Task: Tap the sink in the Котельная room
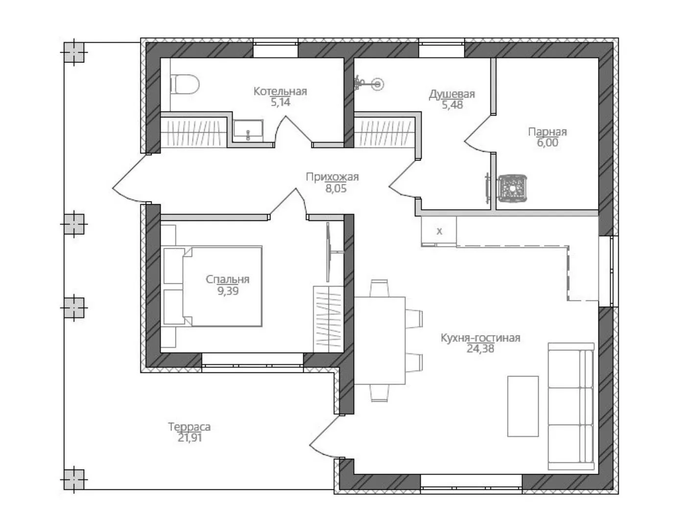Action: click(248, 130)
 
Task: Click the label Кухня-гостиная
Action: click(480, 338)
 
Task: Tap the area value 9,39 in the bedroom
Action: click(228, 290)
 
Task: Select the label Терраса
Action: click(189, 427)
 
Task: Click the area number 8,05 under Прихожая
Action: click(336, 189)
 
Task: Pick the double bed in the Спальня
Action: click(213, 286)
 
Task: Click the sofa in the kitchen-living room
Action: click(571, 406)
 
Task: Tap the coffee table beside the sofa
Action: click(523, 406)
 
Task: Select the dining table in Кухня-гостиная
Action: click(380, 340)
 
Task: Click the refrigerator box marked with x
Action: click(439, 231)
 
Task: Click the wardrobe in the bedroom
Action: click(328, 319)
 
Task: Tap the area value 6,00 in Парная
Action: click(548, 143)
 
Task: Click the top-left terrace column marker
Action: click(74, 52)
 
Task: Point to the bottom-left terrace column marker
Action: click(74, 479)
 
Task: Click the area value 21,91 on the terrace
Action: click(190, 438)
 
